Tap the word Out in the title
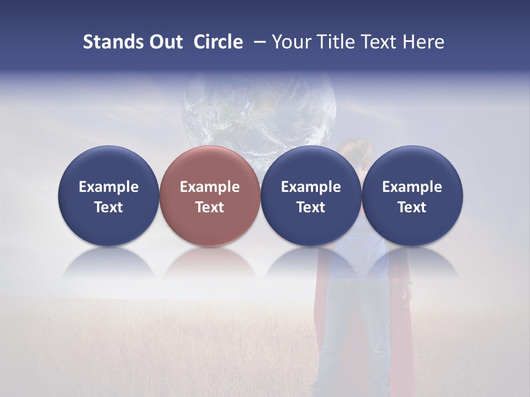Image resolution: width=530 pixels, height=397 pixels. point(164,42)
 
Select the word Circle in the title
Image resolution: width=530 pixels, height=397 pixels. point(218,42)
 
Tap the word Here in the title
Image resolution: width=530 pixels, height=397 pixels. point(423,42)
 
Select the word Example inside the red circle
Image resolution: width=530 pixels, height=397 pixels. point(210,187)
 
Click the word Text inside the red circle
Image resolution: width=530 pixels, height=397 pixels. point(210,207)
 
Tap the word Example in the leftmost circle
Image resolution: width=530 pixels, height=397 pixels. point(109,187)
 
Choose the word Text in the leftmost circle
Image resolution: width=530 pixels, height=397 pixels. point(109,207)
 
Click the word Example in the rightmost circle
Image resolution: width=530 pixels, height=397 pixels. point(412,187)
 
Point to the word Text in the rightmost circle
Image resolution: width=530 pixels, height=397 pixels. point(412,207)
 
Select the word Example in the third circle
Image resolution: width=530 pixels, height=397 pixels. point(311,187)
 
